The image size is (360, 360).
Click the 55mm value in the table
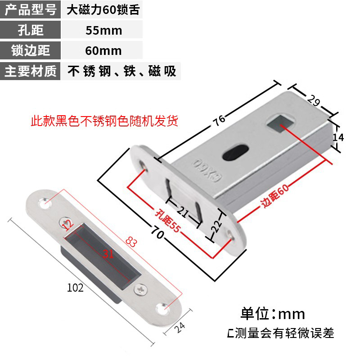[103, 30]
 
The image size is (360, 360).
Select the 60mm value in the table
[103, 50]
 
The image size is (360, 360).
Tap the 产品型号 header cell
[31, 9]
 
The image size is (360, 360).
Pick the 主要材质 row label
[31, 71]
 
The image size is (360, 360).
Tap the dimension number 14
[338, 138]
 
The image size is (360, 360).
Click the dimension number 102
[75, 288]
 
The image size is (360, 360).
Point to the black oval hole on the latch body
[236, 153]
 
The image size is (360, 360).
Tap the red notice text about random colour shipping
[104, 121]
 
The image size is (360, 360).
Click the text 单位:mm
[273, 313]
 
